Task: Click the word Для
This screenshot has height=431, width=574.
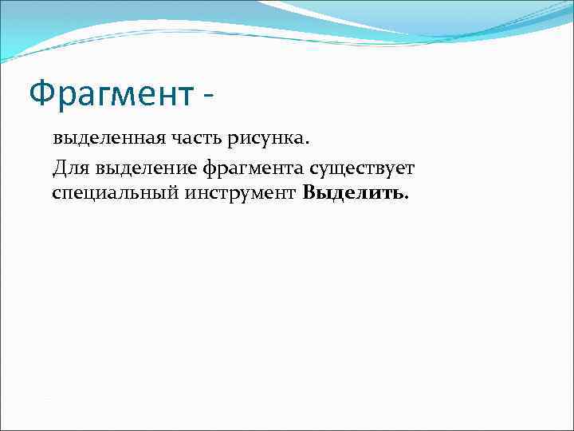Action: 70,168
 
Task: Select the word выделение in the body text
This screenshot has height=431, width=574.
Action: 146,168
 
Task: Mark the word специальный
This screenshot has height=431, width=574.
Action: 107,193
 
